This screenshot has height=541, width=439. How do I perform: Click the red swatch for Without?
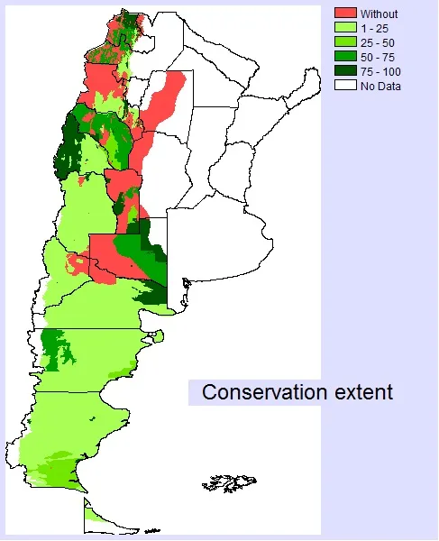346,14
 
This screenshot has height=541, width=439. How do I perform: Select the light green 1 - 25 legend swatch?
346,28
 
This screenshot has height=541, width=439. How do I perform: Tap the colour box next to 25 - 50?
346,42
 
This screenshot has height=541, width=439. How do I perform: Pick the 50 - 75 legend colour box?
346,57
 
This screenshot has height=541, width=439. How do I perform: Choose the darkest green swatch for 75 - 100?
346,71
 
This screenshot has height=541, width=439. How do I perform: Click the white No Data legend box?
346,86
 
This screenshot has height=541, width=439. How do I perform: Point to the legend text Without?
379,14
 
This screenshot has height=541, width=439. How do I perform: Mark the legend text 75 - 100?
381,71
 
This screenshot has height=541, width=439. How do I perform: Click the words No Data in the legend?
380,86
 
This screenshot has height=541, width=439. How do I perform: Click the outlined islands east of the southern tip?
225,483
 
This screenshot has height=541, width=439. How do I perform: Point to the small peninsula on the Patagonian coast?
157,336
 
